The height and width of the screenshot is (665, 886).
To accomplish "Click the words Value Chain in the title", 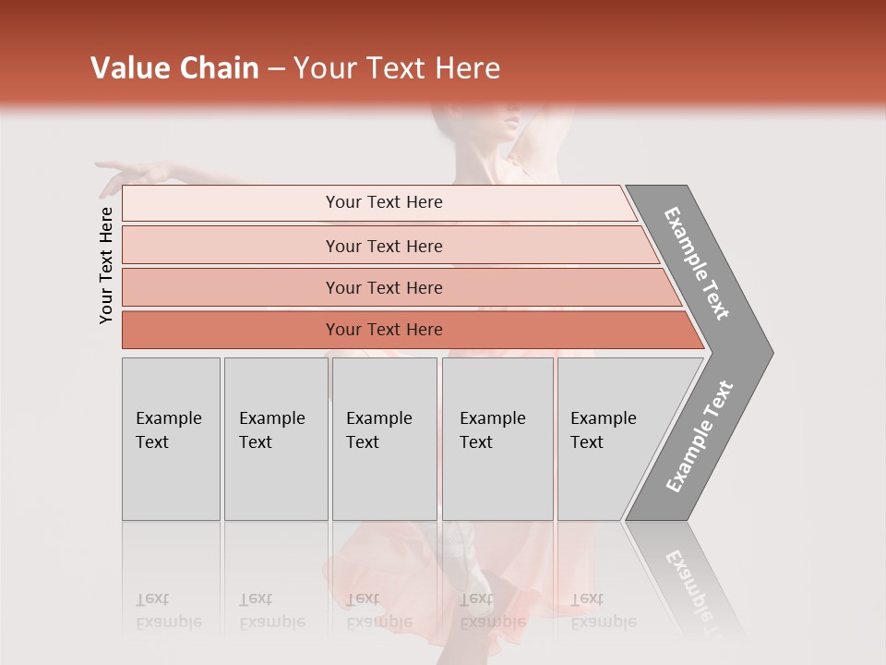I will (x=174, y=68).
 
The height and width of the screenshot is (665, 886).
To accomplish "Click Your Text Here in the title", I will (x=397, y=68).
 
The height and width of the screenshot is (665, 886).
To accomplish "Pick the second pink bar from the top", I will (x=383, y=246).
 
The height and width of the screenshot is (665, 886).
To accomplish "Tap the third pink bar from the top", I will (x=383, y=287).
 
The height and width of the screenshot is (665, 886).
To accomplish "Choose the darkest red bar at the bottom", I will (x=383, y=330).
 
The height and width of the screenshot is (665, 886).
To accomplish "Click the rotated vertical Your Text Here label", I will (x=106, y=265).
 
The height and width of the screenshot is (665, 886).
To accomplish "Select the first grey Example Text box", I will (x=171, y=439).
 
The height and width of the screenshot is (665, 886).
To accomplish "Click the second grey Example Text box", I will (x=275, y=439).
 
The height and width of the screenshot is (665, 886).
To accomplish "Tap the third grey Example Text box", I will (x=384, y=439).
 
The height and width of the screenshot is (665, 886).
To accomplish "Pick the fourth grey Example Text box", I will (x=497, y=439).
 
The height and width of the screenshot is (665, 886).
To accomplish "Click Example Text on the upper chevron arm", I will (x=697, y=263).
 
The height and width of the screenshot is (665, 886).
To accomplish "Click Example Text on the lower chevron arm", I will (x=700, y=436).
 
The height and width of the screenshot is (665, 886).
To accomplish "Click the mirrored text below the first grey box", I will (x=168, y=611).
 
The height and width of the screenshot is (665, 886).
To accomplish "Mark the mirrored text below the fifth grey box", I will (x=602, y=611).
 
